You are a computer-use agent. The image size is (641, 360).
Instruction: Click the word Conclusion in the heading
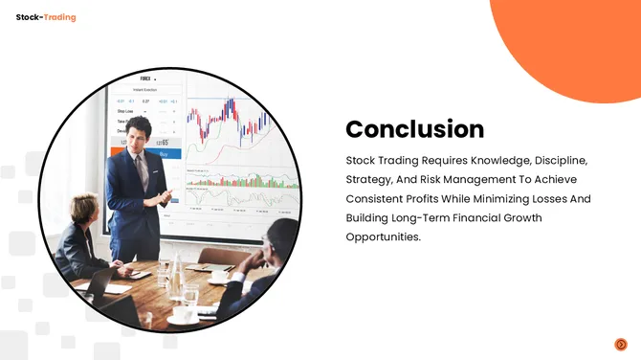414,129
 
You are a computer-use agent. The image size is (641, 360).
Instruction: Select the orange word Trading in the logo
60,17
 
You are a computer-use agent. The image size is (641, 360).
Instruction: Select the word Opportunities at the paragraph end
383,236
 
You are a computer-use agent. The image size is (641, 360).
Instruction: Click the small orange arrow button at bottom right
621,344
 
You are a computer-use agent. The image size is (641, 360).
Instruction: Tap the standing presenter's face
141,134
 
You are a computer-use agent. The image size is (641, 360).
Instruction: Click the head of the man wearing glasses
282,236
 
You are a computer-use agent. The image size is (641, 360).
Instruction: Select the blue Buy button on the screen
164,153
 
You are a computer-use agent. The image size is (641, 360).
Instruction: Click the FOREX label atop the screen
146,79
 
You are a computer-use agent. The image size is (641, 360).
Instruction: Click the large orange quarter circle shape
574,43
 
